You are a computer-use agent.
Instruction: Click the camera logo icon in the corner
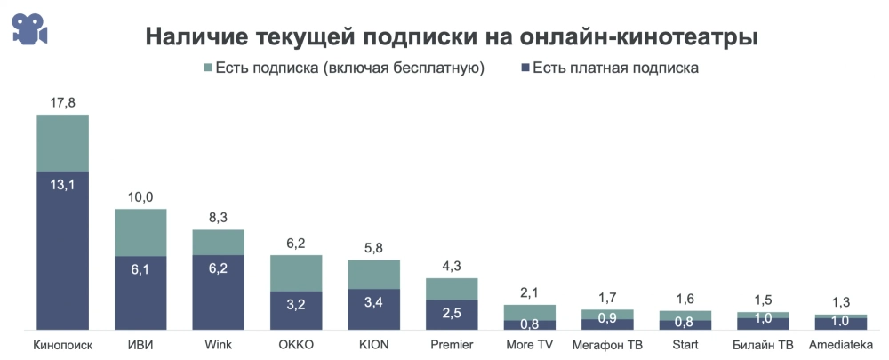tap(29, 29)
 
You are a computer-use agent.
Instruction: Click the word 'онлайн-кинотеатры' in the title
tap(649, 37)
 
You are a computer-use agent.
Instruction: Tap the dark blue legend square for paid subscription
tap(525, 68)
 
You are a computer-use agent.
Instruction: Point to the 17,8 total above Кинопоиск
tap(62, 103)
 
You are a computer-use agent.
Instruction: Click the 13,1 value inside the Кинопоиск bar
tap(62, 185)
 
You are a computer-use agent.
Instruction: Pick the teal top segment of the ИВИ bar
tap(140, 232)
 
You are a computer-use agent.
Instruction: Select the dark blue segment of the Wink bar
tap(219, 293)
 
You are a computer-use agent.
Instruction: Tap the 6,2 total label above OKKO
tap(296, 243)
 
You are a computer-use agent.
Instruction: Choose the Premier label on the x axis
tap(452, 344)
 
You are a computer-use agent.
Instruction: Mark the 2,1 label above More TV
tap(530, 292)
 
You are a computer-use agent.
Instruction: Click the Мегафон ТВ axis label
tap(607, 344)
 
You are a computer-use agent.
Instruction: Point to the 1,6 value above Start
tap(685, 299)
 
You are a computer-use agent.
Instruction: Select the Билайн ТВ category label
tap(763, 344)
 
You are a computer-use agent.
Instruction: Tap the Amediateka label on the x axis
tap(841, 344)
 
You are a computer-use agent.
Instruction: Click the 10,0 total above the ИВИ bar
tap(140, 196)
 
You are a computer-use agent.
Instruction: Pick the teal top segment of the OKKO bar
tap(296, 273)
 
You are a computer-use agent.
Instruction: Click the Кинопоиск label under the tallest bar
tap(62, 344)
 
